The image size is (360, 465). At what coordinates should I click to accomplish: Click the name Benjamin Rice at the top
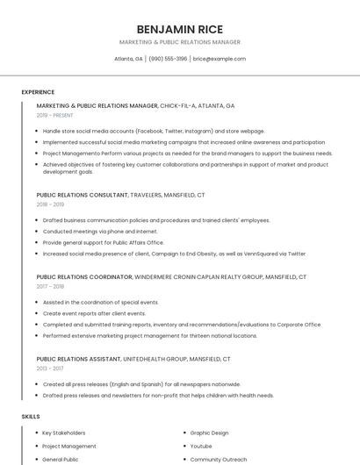coord(180,29)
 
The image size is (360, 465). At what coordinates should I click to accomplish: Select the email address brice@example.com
coord(220,59)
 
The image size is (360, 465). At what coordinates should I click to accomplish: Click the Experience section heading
coord(38,92)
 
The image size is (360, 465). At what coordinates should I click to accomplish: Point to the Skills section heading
coord(31,416)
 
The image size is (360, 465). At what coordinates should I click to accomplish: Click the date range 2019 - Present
coord(54,115)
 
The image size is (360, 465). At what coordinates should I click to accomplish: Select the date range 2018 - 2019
coord(50,204)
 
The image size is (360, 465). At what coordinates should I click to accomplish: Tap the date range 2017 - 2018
coord(50,286)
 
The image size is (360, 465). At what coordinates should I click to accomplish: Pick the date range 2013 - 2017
coord(50,368)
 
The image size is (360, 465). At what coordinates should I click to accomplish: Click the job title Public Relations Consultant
coord(82,195)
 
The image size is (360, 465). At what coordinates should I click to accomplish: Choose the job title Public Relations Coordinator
coord(83,277)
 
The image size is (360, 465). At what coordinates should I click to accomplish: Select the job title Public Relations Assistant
coord(79,359)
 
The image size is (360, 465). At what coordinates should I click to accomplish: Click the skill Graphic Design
coord(209,433)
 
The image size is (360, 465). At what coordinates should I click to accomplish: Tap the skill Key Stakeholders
coord(64,433)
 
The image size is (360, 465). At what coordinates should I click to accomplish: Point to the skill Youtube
coord(201,446)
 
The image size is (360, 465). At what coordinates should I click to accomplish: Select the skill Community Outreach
coord(217,459)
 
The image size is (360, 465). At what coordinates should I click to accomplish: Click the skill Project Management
coord(69,446)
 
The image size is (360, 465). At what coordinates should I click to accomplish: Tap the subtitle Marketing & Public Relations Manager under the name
coord(180,42)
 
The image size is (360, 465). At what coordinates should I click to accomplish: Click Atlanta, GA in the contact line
coord(128,59)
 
